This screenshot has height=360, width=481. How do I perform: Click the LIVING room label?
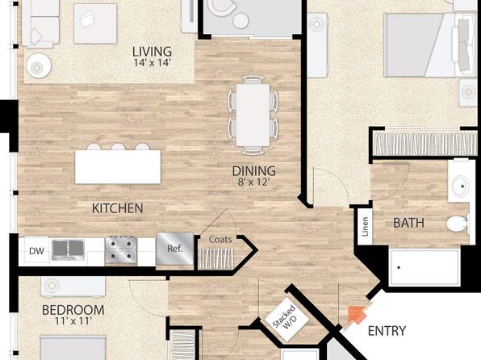(x=152, y=52)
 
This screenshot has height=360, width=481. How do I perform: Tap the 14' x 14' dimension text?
(x=152, y=63)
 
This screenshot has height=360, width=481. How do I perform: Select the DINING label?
(x=253, y=171)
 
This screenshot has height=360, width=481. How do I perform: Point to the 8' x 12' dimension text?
(x=253, y=182)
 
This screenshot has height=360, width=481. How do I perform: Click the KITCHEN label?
(x=118, y=209)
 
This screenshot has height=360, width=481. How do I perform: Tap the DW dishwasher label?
(x=36, y=251)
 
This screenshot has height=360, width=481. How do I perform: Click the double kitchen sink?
(x=68, y=250)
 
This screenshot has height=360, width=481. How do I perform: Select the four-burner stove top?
(x=121, y=250)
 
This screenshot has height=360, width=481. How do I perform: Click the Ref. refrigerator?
(x=175, y=249)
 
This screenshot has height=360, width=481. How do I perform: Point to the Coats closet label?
(x=220, y=240)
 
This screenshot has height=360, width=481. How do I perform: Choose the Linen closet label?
(x=365, y=227)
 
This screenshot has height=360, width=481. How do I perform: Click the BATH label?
(x=408, y=223)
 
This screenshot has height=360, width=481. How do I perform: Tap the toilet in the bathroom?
(x=457, y=223)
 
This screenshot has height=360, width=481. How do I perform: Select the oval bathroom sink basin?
(x=460, y=186)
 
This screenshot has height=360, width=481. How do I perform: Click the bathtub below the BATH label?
(x=425, y=267)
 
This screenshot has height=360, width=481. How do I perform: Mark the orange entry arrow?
(x=357, y=315)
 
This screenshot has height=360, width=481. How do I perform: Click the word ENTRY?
(x=387, y=331)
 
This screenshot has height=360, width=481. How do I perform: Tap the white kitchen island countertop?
(x=118, y=166)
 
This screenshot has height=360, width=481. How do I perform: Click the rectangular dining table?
(x=253, y=115)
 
